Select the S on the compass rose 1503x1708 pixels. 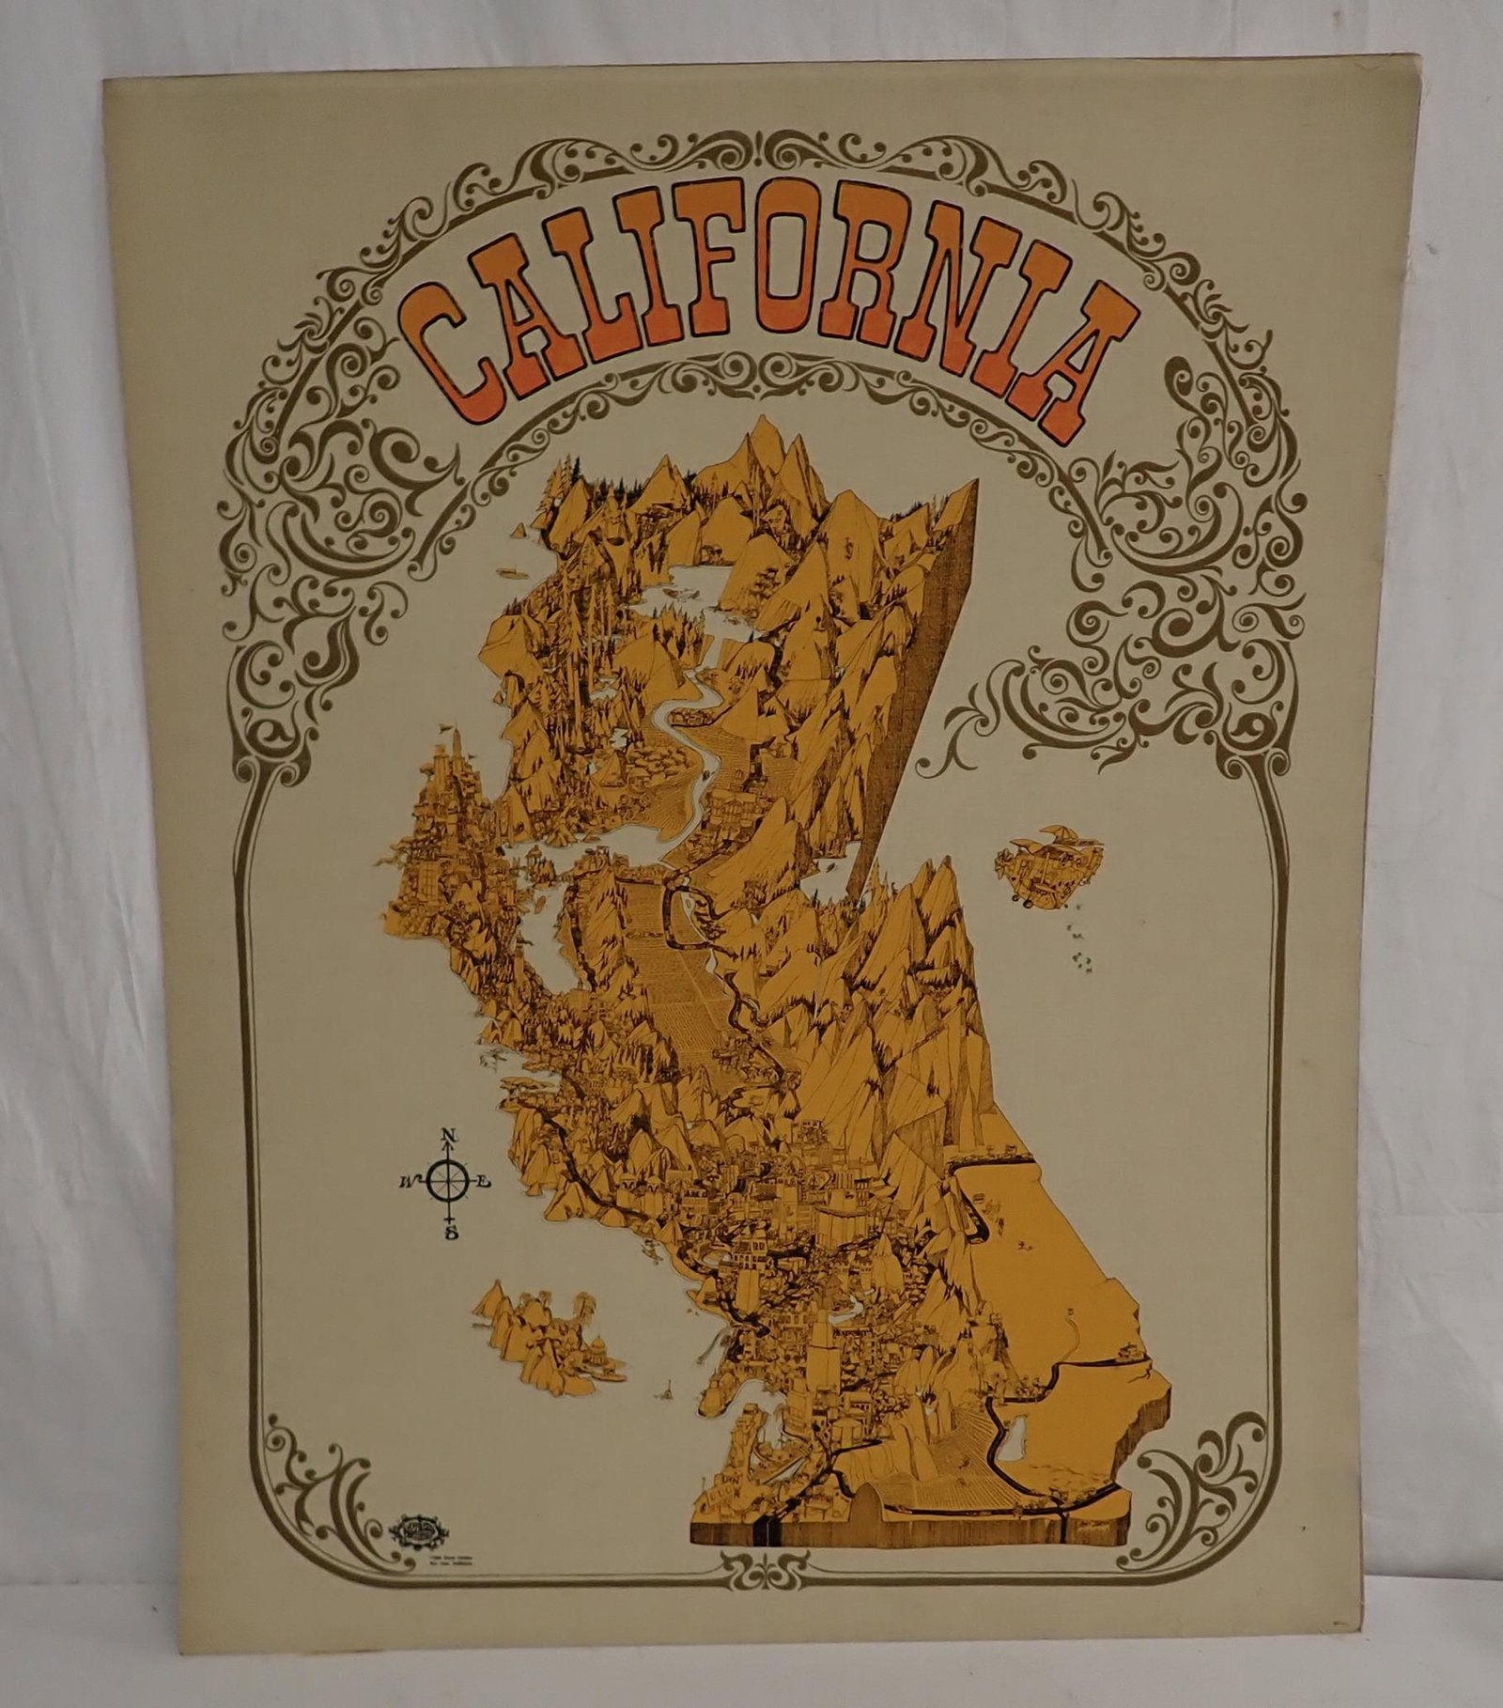point(452,1233)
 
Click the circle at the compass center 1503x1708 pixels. point(449,1183)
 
